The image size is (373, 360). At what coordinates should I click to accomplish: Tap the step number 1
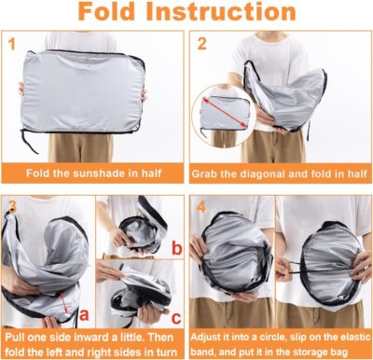click(11, 43)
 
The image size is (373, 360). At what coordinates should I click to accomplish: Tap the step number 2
click(200, 43)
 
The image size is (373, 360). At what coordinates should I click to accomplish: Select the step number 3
click(11, 205)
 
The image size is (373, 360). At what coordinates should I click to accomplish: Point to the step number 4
click(200, 205)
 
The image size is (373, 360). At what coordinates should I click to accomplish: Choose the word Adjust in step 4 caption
click(211, 333)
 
